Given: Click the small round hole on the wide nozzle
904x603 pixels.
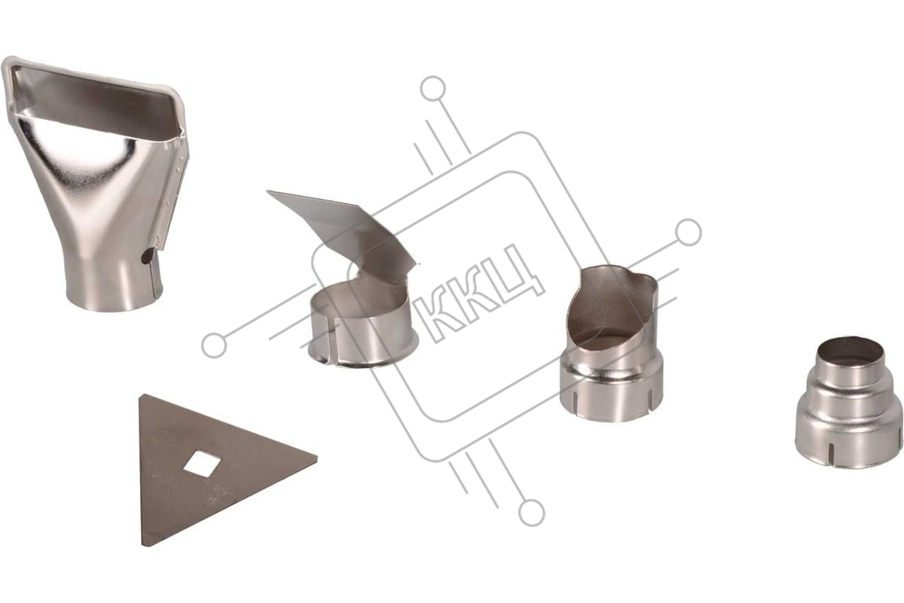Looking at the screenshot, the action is click(x=149, y=255).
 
